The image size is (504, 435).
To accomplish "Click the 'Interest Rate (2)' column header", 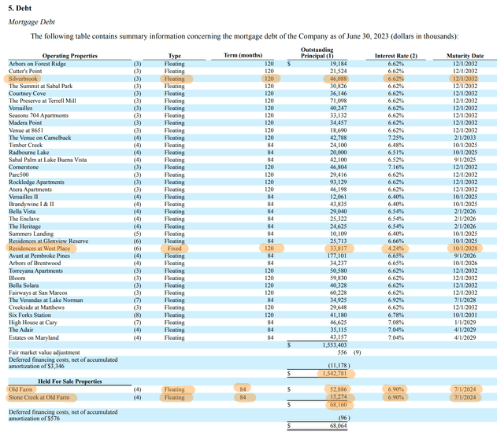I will click(x=395, y=56).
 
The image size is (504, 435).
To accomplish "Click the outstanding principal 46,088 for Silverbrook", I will click(x=336, y=79).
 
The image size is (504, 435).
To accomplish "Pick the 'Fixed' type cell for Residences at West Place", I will click(x=174, y=248).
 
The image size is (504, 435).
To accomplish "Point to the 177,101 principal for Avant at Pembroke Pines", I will click(x=335, y=256).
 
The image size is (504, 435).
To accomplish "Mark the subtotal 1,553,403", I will click(x=332, y=345).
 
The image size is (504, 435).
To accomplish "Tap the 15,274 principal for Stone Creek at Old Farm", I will click(x=336, y=397).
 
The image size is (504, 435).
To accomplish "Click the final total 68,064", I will click(x=336, y=426).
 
